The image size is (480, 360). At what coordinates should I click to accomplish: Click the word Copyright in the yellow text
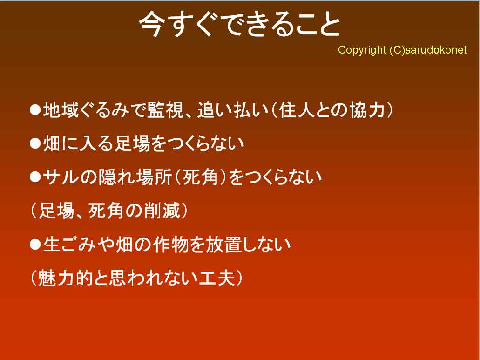pos(362,50)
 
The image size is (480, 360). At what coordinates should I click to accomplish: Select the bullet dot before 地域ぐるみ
pos(35,110)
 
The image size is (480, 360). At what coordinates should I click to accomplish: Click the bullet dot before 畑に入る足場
pos(35,143)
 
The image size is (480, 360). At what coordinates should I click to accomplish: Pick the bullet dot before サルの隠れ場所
pos(35,177)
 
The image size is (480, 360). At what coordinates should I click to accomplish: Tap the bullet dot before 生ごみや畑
pos(35,245)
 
